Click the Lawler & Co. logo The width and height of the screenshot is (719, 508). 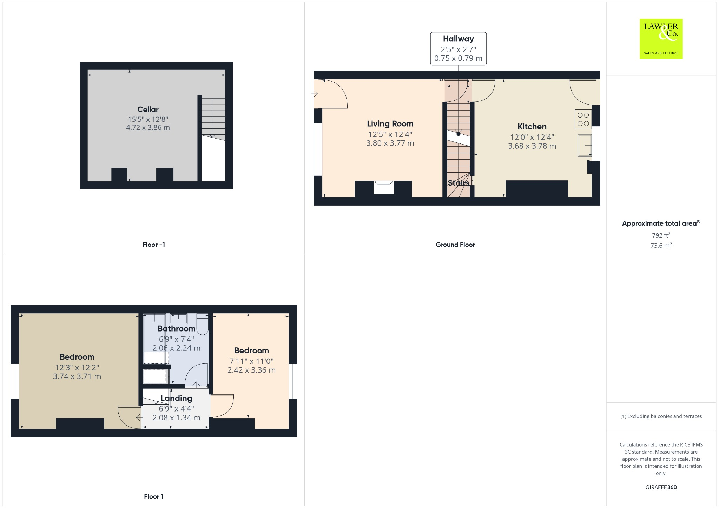click(x=661, y=39)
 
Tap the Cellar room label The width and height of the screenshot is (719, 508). click(x=148, y=109)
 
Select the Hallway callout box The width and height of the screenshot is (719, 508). click(x=458, y=48)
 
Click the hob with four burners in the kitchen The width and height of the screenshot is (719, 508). click(x=583, y=119)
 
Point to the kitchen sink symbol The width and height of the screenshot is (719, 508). click(x=585, y=145)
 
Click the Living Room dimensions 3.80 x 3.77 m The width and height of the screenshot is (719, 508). click(x=390, y=143)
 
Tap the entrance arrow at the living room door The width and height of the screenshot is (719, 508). click(x=314, y=94)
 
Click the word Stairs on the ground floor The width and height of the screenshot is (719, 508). click(x=458, y=183)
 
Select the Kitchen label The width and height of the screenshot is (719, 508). click(x=532, y=127)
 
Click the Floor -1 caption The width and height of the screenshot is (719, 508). click(x=153, y=245)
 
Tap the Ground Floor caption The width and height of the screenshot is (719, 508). click(x=455, y=245)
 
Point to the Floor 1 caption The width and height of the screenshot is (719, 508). click(x=153, y=496)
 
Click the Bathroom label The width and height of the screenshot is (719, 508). click(x=176, y=329)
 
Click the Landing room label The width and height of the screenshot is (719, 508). click(x=176, y=398)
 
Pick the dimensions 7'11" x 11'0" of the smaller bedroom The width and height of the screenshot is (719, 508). click(x=251, y=361)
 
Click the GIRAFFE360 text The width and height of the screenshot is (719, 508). click(x=661, y=487)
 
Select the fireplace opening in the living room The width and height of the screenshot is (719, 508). click(x=383, y=188)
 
